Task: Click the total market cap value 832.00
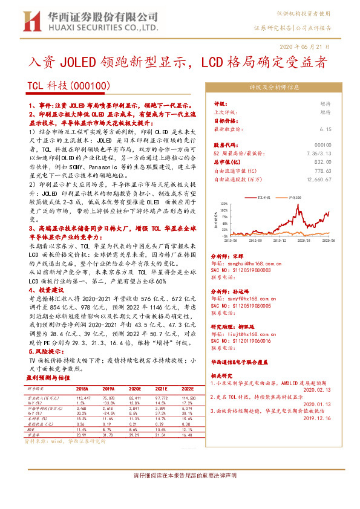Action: pos(323,162)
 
